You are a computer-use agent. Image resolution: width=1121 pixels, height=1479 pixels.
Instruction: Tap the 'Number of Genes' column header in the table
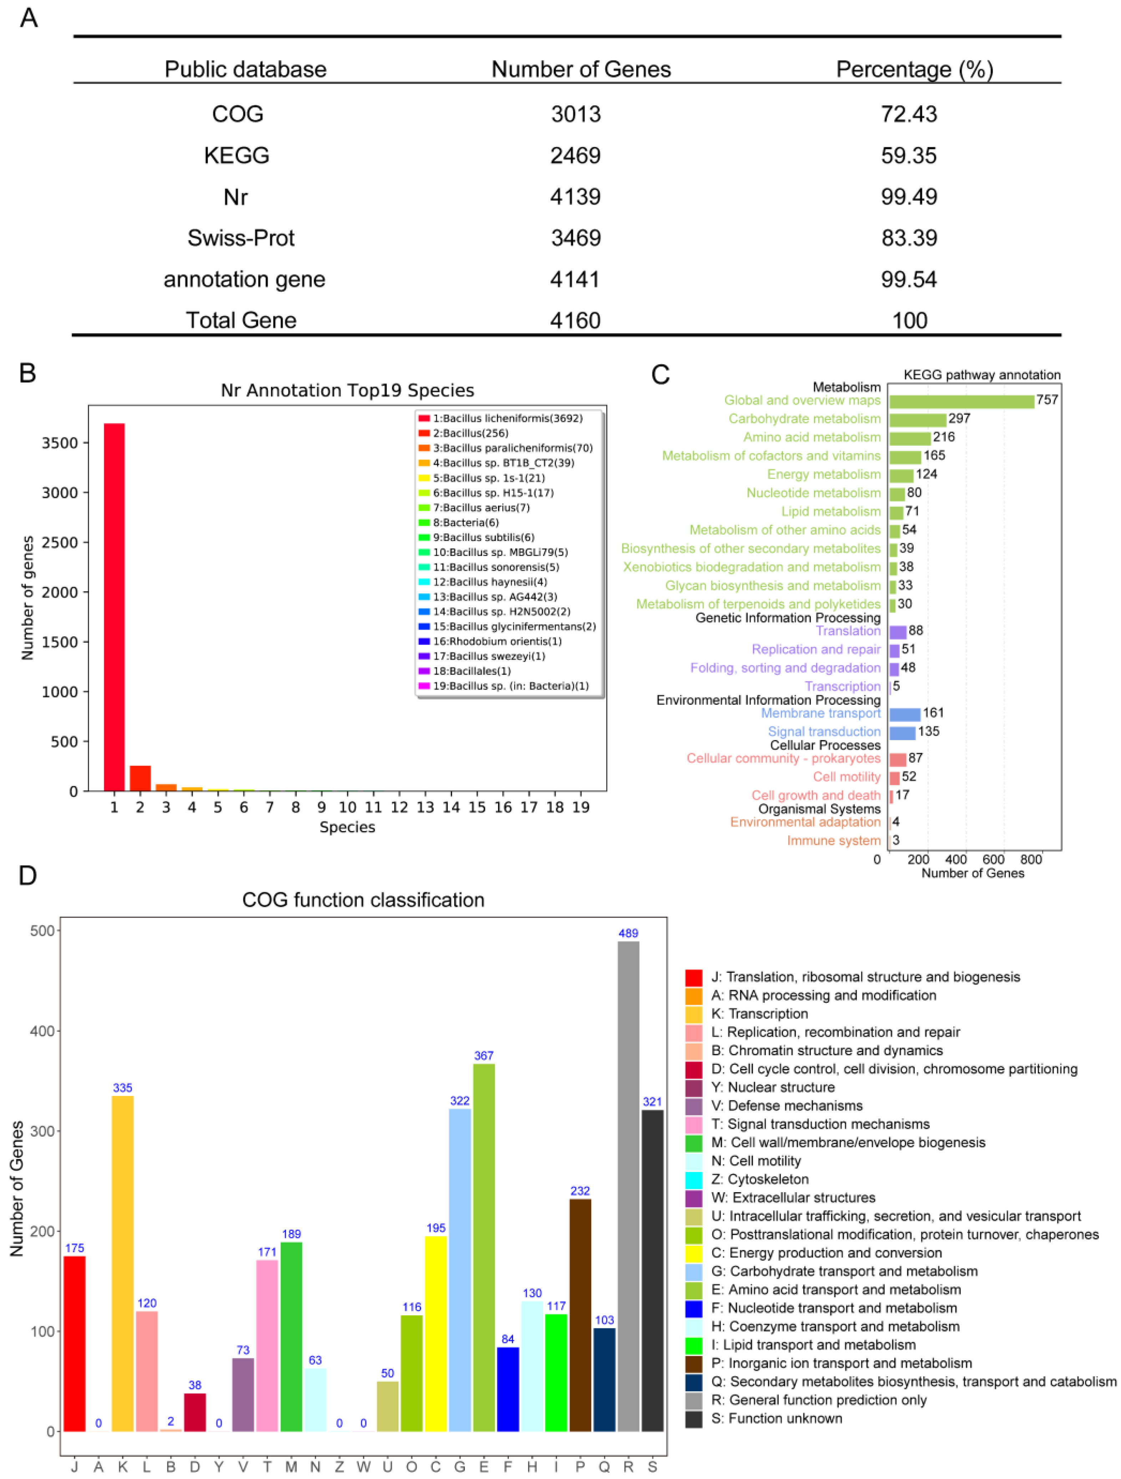(x=580, y=70)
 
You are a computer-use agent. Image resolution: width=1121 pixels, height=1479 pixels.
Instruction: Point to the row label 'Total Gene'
(x=241, y=320)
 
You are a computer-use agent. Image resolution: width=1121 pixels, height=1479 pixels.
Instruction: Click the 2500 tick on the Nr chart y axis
(x=60, y=542)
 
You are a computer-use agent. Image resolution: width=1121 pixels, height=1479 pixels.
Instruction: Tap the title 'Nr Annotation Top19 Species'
(x=347, y=391)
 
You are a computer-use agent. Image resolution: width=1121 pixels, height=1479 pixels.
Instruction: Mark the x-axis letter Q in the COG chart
(x=604, y=1466)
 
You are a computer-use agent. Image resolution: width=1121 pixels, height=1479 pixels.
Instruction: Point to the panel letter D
(x=27, y=875)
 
